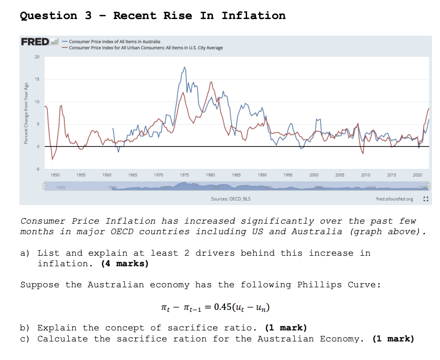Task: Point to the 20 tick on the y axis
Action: click(x=37, y=56)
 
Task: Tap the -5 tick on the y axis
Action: click(x=36, y=169)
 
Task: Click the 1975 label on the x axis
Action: click(x=184, y=174)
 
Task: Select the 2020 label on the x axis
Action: click(x=417, y=174)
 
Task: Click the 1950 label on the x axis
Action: click(x=55, y=174)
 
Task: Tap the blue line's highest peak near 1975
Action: click(x=184, y=67)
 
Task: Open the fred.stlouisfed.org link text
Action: click(x=394, y=199)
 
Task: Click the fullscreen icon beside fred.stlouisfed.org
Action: click(x=425, y=199)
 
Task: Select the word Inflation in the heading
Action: click(x=254, y=16)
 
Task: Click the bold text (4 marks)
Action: click(x=124, y=263)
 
